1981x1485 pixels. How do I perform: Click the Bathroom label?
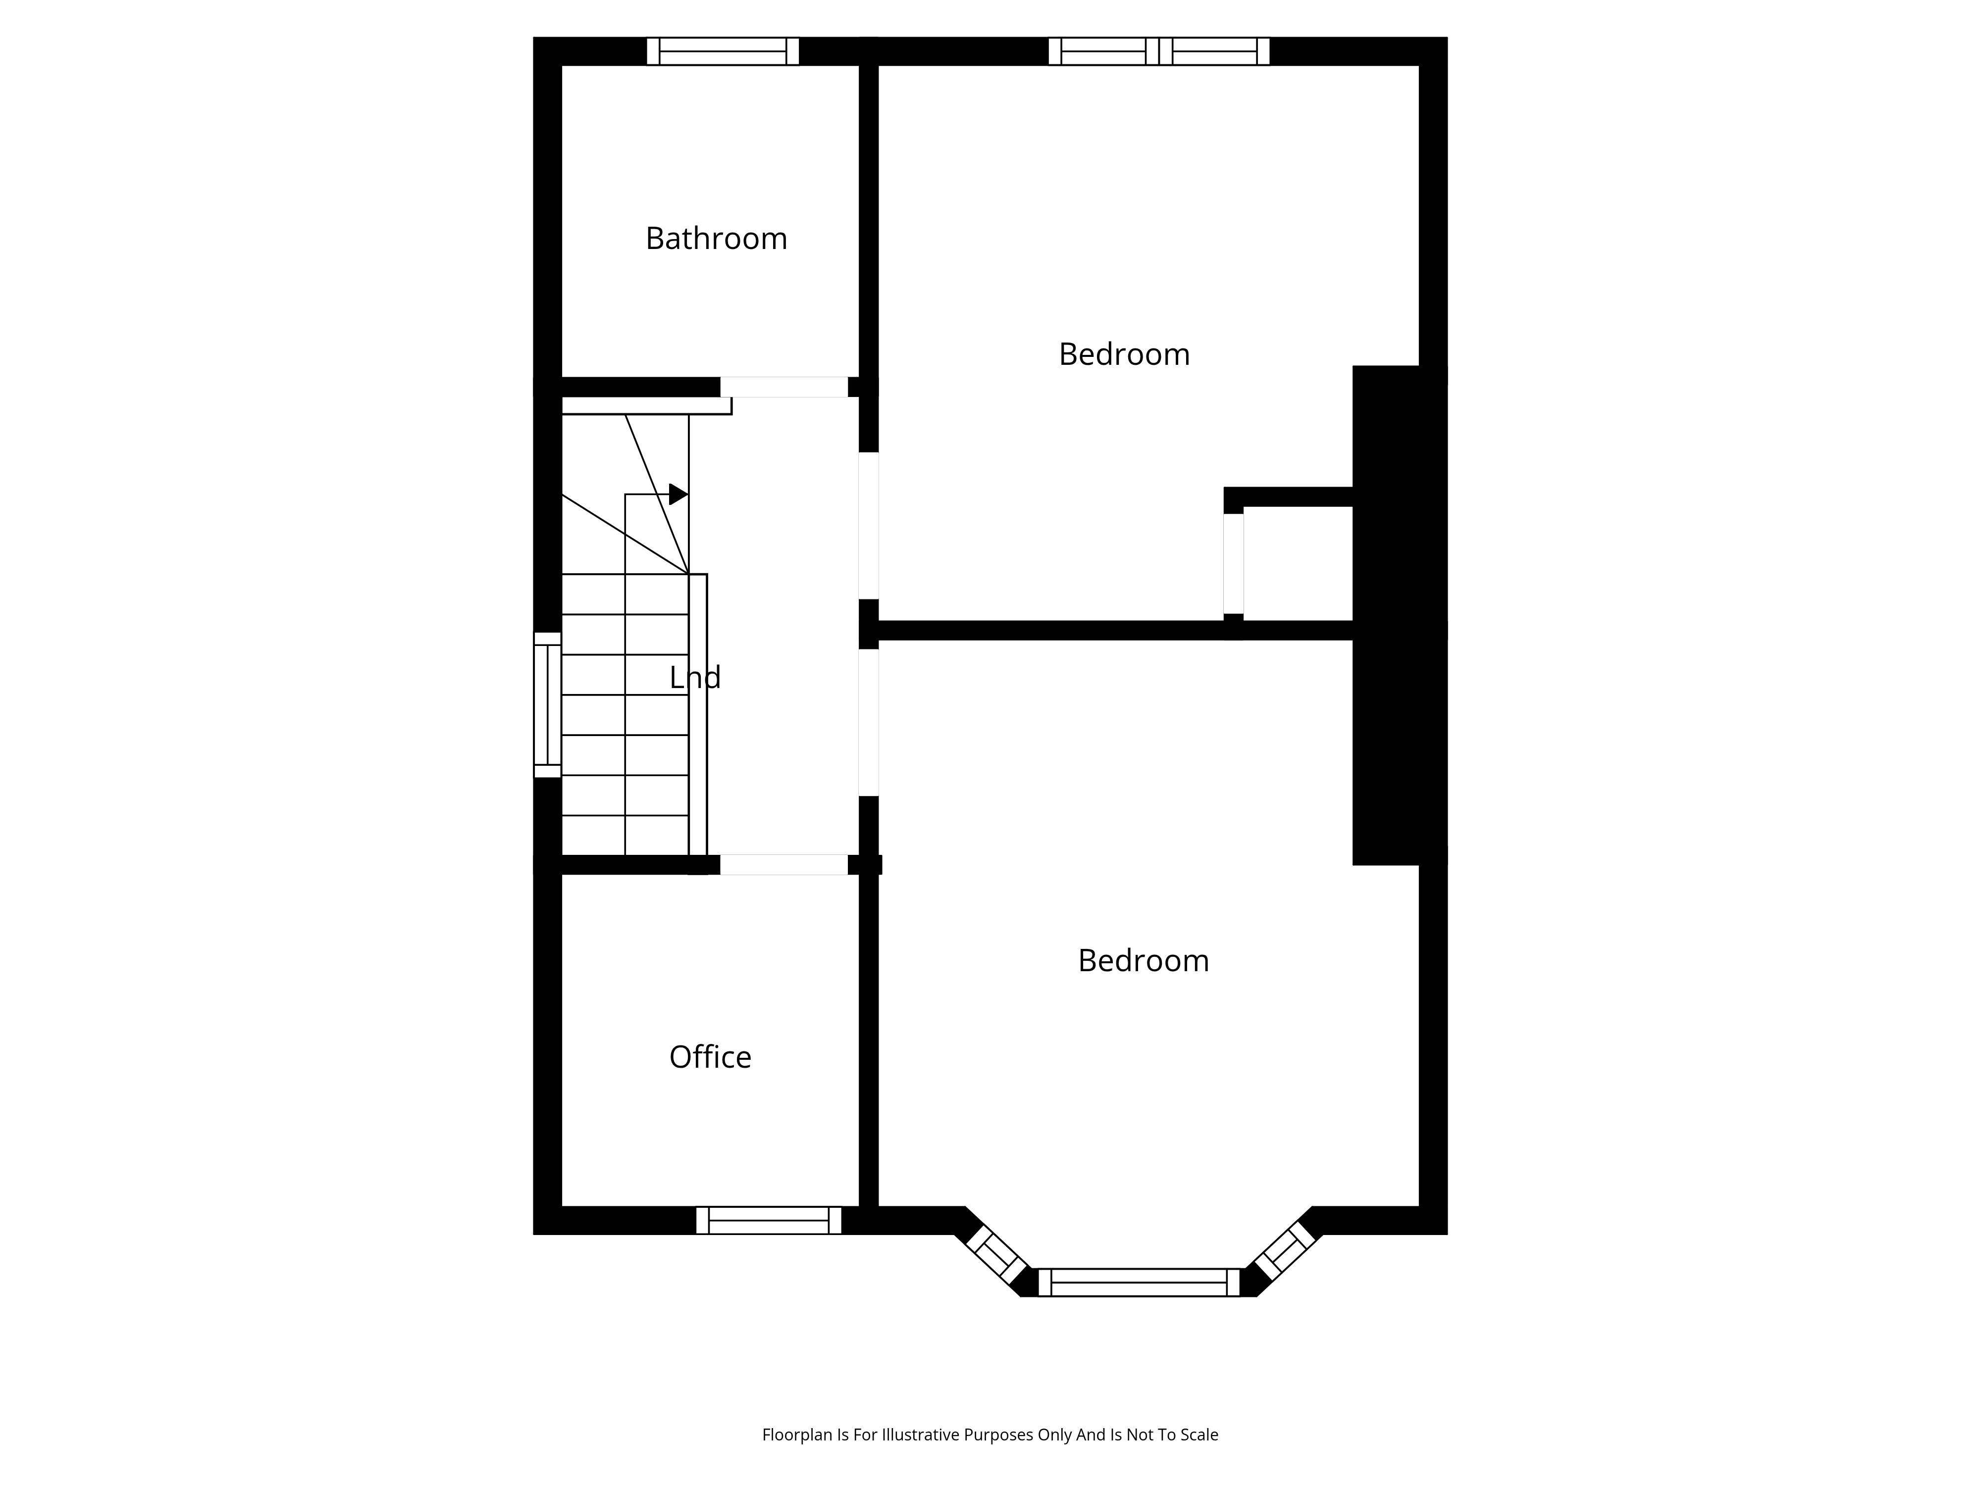[x=717, y=238]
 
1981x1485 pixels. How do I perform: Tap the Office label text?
[x=710, y=1057]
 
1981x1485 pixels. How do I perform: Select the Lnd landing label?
[x=695, y=678]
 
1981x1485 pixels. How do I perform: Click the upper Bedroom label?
[x=1124, y=354]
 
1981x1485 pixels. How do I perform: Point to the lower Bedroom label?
[x=1144, y=960]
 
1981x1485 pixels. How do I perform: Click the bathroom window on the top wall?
[x=723, y=51]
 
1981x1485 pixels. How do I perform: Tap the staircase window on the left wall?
[x=547, y=704]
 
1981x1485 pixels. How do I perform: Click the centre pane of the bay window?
[x=1138, y=1282]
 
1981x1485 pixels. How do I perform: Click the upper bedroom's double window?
[x=1159, y=51]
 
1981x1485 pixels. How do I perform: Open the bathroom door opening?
[x=783, y=387]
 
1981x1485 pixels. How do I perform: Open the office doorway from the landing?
[x=783, y=865]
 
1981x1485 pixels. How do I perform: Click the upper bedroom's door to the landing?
[x=869, y=525]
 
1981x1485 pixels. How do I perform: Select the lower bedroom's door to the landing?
[x=869, y=722]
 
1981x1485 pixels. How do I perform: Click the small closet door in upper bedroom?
[x=1233, y=564]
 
